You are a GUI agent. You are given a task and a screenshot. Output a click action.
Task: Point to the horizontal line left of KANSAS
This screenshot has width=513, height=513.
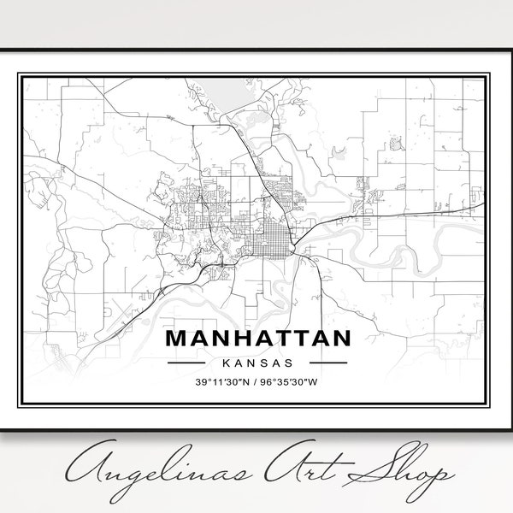click(x=192, y=362)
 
